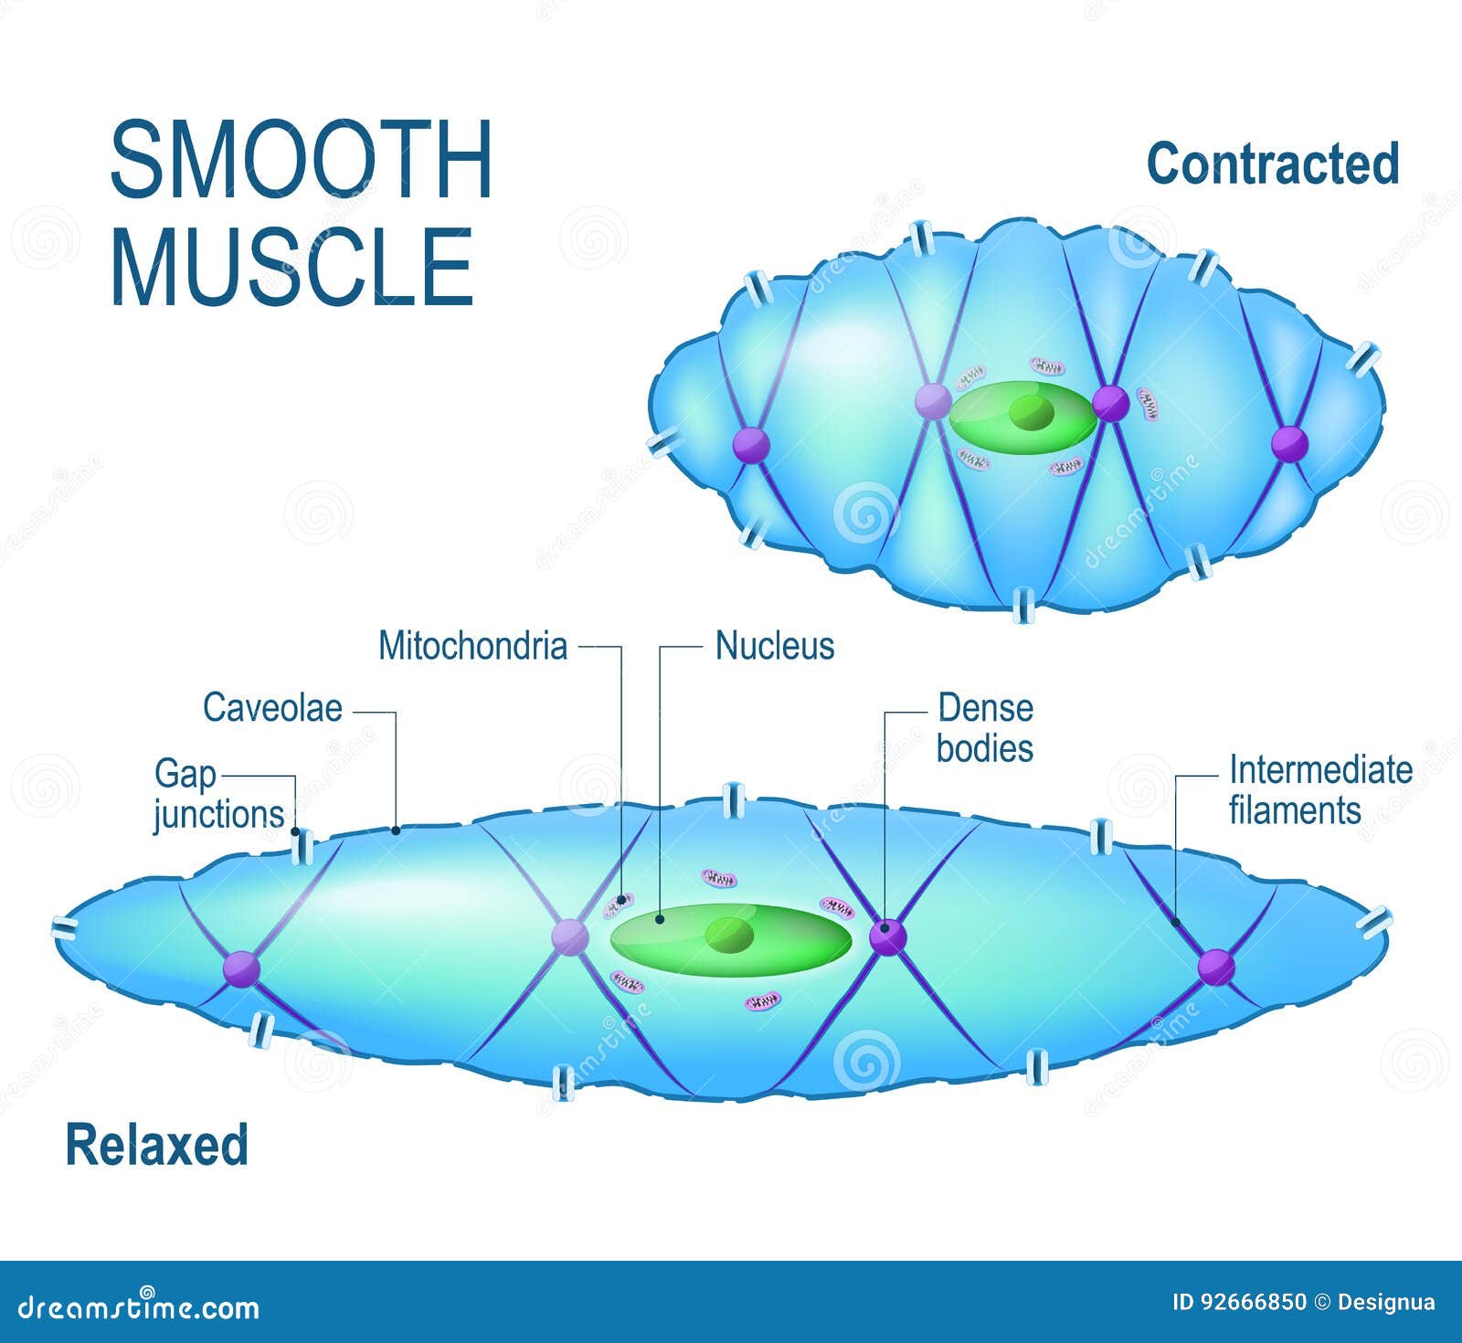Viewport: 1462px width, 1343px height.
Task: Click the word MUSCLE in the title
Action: pos(292,268)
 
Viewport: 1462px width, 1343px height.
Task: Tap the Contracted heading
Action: pos(1272,164)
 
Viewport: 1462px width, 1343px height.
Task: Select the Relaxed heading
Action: pos(156,1145)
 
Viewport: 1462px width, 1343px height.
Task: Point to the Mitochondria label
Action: pos(472,646)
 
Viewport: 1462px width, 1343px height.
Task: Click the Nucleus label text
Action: pos(774,646)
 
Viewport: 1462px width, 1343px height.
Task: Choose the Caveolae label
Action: pos(272,708)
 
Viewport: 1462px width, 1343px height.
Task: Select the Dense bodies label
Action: pos(984,728)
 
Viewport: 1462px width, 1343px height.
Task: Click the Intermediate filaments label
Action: pos(1319,790)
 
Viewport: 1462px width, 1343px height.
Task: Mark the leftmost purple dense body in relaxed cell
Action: pos(241,968)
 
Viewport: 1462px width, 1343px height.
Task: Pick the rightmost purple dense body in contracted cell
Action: pos(1289,444)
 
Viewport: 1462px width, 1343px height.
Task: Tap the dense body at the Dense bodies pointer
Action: pos(886,937)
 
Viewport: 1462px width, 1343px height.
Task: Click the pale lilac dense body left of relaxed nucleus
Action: pos(570,937)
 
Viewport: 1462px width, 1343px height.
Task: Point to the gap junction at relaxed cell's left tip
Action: pos(65,930)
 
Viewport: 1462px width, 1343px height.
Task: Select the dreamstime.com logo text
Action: pos(139,1307)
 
